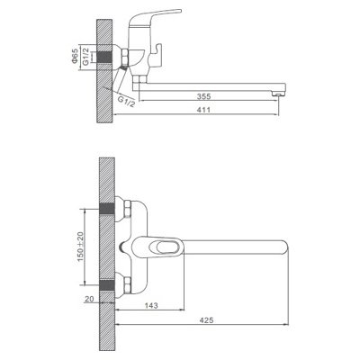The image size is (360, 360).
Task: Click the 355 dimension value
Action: (204, 96)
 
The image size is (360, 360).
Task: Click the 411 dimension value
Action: (204, 110)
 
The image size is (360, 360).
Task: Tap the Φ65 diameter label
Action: (75, 56)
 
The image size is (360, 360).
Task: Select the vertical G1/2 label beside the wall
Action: (85, 57)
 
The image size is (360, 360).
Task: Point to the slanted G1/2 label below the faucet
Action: (126, 101)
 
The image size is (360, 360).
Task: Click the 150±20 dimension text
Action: (81, 247)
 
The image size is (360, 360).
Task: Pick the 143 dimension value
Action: (151, 306)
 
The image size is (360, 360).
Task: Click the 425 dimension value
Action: (206, 320)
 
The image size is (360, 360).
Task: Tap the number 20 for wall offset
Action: (89, 299)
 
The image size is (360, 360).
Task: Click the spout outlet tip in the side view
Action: (278, 94)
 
